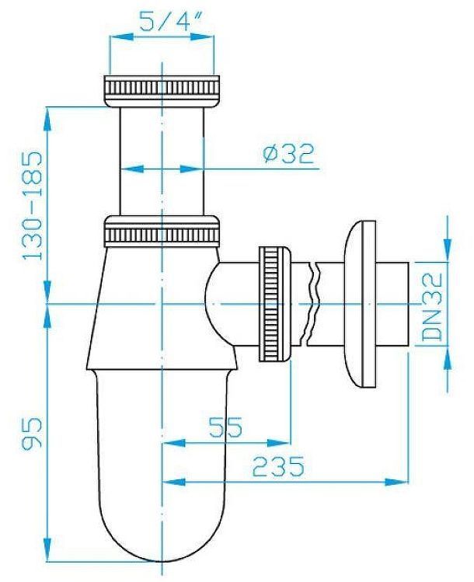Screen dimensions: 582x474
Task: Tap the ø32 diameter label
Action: [x=288, y=154]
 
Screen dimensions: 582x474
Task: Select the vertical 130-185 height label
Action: [x=33, y=204]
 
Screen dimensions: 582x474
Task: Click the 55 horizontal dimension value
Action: [x=225, y=427]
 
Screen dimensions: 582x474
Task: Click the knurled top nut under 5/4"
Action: [x=161, y=87]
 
